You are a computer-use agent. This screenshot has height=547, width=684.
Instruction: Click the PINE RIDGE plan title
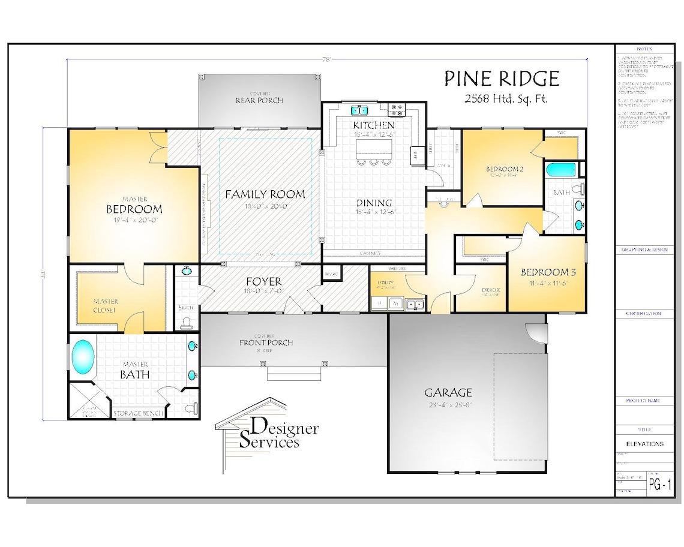(x=502, y=79)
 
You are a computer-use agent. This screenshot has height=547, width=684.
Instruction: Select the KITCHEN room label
(x=373, y=125)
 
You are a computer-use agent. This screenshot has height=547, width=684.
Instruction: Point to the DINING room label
(x=373, y=203)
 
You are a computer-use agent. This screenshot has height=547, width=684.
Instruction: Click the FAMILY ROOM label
(x=265, y=194)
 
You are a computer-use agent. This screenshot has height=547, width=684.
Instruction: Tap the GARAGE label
(x=448, y=393)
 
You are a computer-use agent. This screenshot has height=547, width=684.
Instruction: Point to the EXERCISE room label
(x=490, y=290)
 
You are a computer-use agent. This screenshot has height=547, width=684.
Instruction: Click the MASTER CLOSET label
(x=106, y=306)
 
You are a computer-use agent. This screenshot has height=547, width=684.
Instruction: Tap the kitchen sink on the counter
(x=359, y=110)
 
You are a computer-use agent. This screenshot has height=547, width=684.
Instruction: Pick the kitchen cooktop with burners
(x=397, y=110)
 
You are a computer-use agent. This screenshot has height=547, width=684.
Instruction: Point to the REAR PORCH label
(x=259, y=100)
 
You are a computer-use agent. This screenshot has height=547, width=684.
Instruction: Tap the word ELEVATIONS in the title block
(x=645, y=444)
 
